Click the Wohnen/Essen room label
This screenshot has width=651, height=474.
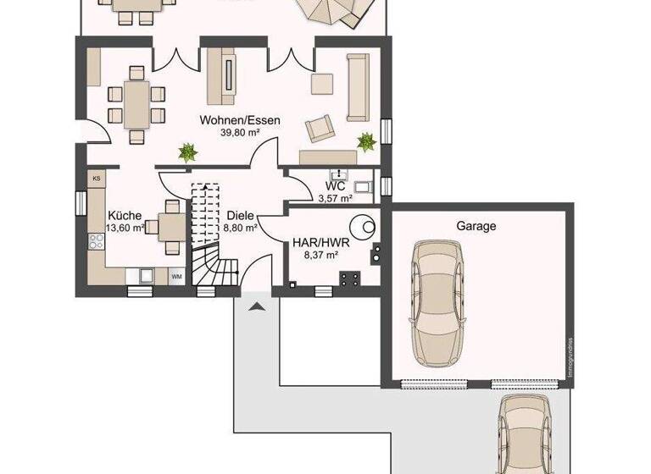click(240, 120)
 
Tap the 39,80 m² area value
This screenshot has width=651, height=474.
click(241, 133)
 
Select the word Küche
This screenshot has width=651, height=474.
click(124, 215)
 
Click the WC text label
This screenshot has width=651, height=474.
click(334, 187)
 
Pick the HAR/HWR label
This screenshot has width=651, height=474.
click(315, 240)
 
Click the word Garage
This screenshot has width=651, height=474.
click(476, 226)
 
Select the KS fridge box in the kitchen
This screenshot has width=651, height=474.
click(97, 179)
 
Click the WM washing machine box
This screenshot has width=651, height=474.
click(177, 276)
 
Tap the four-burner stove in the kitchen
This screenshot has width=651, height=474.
click(95, 241)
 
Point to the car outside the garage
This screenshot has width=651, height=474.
click(527, 435)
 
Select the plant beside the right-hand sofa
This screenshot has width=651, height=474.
click(366, 141)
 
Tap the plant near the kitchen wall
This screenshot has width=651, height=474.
click(186, 153)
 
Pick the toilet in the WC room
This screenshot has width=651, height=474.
click(364, 188)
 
